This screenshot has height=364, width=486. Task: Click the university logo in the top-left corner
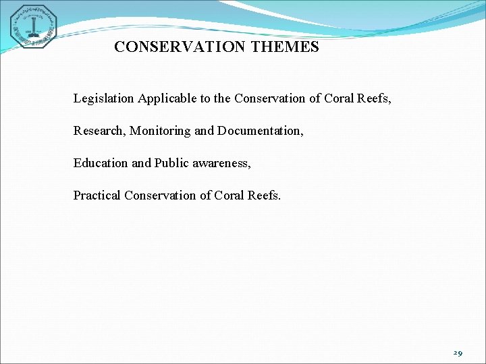tap(33, 26)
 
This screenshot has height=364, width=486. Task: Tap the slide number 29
tap(458, 353)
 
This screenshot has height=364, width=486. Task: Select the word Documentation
tap(260, 131)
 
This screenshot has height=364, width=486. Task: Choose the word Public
tap(169, 163)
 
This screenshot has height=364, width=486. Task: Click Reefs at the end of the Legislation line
tap(375, 99)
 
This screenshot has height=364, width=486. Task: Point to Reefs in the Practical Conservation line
tap(265, 195)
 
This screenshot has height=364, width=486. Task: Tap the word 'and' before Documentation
tap(204, 131)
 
